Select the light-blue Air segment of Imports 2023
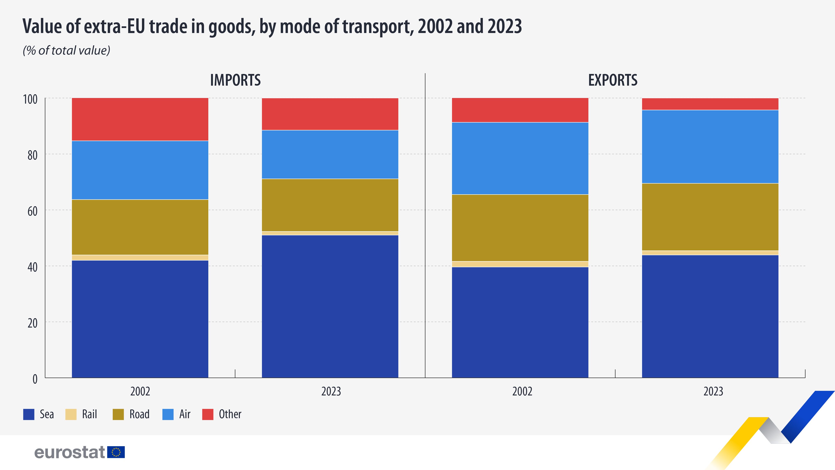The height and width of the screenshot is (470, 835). click(x=330, y=154)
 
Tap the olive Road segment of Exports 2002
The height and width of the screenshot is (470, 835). click(x=520, y=228)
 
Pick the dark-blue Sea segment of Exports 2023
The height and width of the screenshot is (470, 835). click(x=710, y=316)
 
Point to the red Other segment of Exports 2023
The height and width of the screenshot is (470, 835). click(x=710, y=104)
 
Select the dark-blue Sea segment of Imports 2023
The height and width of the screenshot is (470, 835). click(x=330, y=306)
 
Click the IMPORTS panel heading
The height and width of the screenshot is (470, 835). click(x=235, y=80)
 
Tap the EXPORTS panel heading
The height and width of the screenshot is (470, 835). click(x=613, y=80)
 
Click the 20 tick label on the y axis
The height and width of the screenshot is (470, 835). click(x=32, y=323)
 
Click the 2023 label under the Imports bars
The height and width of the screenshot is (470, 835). click(x=331, y=391)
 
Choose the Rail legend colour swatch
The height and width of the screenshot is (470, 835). click(x=71, y=414)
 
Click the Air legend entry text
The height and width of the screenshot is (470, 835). click(x=185, y=414)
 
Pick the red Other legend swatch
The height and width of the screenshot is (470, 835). click(x=208, y=414)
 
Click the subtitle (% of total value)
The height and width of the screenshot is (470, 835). click(x=66, y=51)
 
